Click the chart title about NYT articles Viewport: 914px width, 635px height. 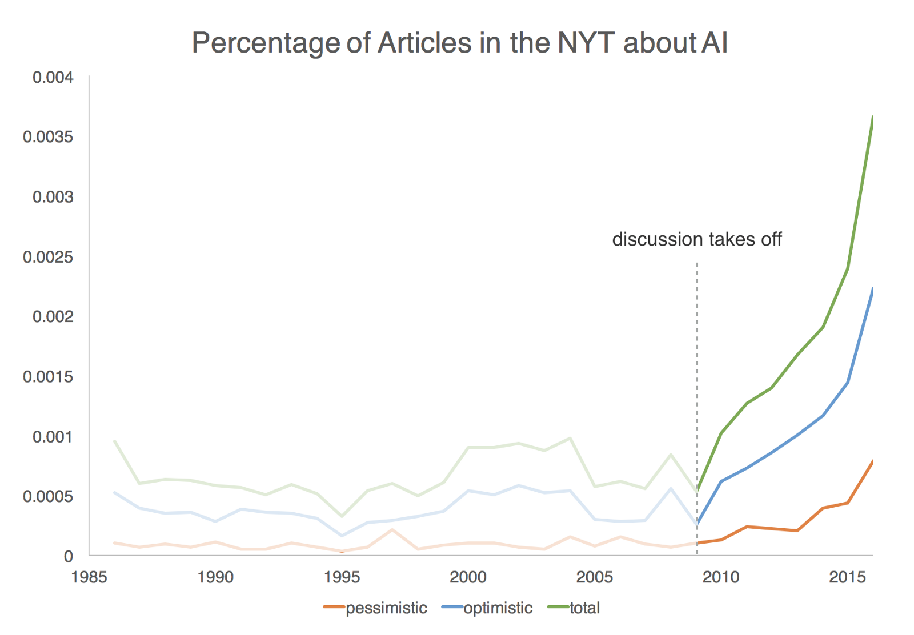coord(460,43)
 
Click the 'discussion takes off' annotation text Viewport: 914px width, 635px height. coord(696,239)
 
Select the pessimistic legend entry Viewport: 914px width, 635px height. coord(375,608)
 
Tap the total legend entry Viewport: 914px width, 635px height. coord(574,608)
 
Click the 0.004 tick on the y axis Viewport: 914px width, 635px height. coord(53,77)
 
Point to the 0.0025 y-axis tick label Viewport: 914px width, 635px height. coord(48,257)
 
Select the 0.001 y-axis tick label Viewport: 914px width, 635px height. coord(53,437)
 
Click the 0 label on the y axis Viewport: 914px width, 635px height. coord(69,556)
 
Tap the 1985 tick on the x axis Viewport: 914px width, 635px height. coord(89,577)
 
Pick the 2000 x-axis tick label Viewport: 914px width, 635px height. coord(468,577)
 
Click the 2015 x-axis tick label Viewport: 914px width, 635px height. coord(847,577)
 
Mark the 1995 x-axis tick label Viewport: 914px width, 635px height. coord(342,577)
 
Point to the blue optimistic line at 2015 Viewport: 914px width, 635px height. coord(848,383)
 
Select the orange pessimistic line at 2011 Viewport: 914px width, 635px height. coord(747,527)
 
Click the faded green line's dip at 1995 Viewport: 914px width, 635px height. coord(342,516)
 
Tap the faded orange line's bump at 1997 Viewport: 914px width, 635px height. coord(392,530)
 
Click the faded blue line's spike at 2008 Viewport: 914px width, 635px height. coord(671,488)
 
